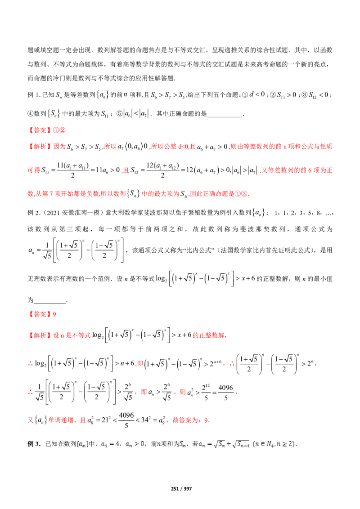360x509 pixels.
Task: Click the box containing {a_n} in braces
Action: [x=103, y=95]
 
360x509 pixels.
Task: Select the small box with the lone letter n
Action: [x=126, y=95]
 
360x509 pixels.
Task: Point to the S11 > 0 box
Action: [x=287, y=95]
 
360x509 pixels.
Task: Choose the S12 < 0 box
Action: [x=319, y=95]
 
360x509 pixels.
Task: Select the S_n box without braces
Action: [x=60, y=95]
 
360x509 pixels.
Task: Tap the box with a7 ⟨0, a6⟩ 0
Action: [x=133, y=146]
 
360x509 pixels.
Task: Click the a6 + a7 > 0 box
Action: [x=212, y=147]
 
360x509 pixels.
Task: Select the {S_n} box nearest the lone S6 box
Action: [x=133, y=194]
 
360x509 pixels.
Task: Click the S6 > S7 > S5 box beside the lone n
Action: [x=167, y=95]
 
